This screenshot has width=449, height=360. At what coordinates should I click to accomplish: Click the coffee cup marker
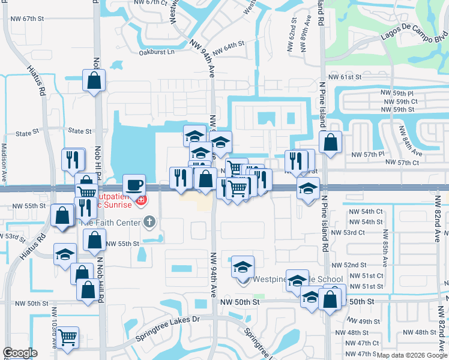point(134,184)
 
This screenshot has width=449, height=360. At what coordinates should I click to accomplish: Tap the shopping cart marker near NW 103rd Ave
point(68,337)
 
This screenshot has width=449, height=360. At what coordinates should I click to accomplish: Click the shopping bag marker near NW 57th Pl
point(330,142)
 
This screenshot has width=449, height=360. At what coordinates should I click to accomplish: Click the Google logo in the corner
point(20,353)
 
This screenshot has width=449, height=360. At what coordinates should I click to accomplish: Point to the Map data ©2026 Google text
point(412,355)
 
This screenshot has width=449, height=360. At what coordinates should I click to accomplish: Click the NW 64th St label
point(226,46)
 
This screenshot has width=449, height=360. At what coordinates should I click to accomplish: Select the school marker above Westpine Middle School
point(243,266)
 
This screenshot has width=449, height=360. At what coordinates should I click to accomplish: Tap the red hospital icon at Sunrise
point(141,199)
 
